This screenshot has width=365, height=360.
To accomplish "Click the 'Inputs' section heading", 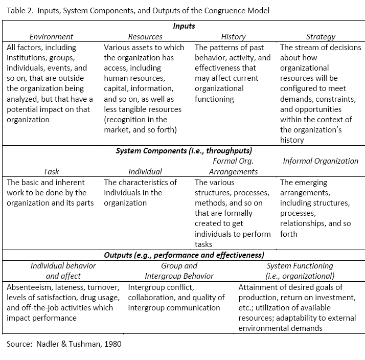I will (x=184, y=26).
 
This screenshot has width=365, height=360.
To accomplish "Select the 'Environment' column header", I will (x=51, y=37).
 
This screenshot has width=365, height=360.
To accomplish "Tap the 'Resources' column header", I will (x=145, y=37).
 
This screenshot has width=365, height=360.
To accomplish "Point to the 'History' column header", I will (x=233, y=37).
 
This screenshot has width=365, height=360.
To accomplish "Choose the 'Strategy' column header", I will (x=321, y=37).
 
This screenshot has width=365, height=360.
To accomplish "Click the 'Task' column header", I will (x=51, y=172).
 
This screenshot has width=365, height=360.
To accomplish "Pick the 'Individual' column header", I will (x=145, y=172).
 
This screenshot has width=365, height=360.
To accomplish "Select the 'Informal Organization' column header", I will (x=321, y=161).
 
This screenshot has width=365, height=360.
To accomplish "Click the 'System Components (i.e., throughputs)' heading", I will (x=184, y=151).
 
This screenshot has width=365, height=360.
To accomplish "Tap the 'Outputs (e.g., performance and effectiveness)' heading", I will (x=184, y=255).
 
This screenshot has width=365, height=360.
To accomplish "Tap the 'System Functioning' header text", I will (x=300, y=266).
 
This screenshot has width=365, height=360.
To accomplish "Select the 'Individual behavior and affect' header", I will (x=63, y=271).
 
